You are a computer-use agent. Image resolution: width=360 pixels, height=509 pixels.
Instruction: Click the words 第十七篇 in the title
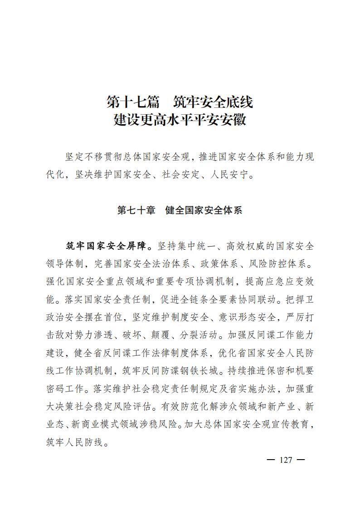[x=129, y=102]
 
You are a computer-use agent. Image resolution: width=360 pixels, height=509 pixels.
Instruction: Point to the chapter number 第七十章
[x=136, y=210]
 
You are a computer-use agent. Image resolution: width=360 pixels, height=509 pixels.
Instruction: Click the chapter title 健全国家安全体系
[x=204, y=210]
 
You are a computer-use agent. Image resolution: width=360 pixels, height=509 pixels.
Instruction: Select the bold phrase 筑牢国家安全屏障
[x=106, y=246]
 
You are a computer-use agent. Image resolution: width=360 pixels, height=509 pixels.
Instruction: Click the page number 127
[x=286, y=460]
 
